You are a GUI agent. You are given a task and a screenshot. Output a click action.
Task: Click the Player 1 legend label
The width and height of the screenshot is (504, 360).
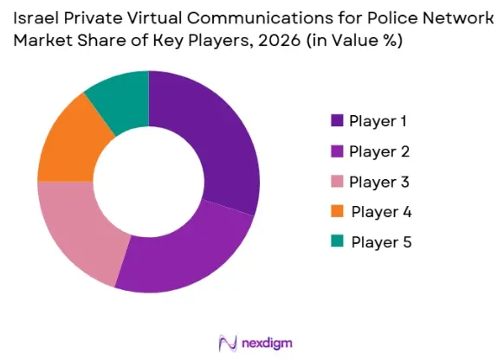click(378, 121)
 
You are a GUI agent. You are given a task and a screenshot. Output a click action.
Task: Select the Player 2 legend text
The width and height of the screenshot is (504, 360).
click(379, 152)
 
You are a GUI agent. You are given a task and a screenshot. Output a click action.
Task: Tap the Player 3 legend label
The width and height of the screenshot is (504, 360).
click(379, 182)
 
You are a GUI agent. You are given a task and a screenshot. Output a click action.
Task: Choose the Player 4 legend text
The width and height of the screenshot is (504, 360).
click(381, 212)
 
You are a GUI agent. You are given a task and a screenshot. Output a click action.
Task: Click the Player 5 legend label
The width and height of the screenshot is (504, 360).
click(381, 242)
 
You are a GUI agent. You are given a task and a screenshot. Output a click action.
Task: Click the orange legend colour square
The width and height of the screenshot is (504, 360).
click(337, 211)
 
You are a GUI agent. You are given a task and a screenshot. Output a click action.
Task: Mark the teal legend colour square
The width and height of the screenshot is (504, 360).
click(337, 241)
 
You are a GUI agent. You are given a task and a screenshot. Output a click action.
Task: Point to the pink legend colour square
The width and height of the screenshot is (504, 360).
click(337, 181)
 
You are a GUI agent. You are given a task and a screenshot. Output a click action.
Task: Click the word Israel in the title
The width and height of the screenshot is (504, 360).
click(36, 18)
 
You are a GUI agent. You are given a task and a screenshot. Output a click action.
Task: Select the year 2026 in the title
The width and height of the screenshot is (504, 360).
click(280, 41)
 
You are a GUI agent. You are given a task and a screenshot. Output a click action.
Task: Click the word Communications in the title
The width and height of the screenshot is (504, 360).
click(261, 18)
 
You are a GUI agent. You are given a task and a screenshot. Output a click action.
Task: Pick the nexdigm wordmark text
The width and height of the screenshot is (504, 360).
click(267, 344)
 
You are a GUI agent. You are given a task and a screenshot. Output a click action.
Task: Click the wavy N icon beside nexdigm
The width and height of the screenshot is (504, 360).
click(228, 343)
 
